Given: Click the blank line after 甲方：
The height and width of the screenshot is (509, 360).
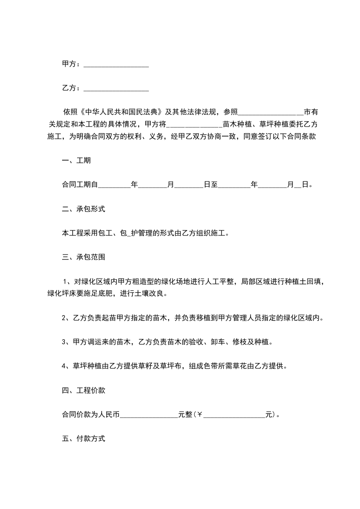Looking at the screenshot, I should (x=117, y=65).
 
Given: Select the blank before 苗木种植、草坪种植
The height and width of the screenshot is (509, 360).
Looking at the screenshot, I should (x=195, y=124).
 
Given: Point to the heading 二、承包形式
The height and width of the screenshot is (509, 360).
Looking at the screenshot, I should (x=84, y=209).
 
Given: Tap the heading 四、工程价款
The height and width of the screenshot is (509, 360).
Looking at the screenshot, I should (x=84, y=390).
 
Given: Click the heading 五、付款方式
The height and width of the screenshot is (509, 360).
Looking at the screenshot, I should (x=84, y=439).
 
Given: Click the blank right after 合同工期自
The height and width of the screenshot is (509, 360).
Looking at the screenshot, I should (x=114, y=185).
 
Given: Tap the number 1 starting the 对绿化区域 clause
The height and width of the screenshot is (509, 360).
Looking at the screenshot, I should (x=65, y=282).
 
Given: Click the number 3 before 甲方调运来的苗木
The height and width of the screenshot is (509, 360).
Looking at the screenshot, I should (x=64, y=342).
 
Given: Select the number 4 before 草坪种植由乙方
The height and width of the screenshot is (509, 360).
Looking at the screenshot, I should (x=64, y=366).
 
